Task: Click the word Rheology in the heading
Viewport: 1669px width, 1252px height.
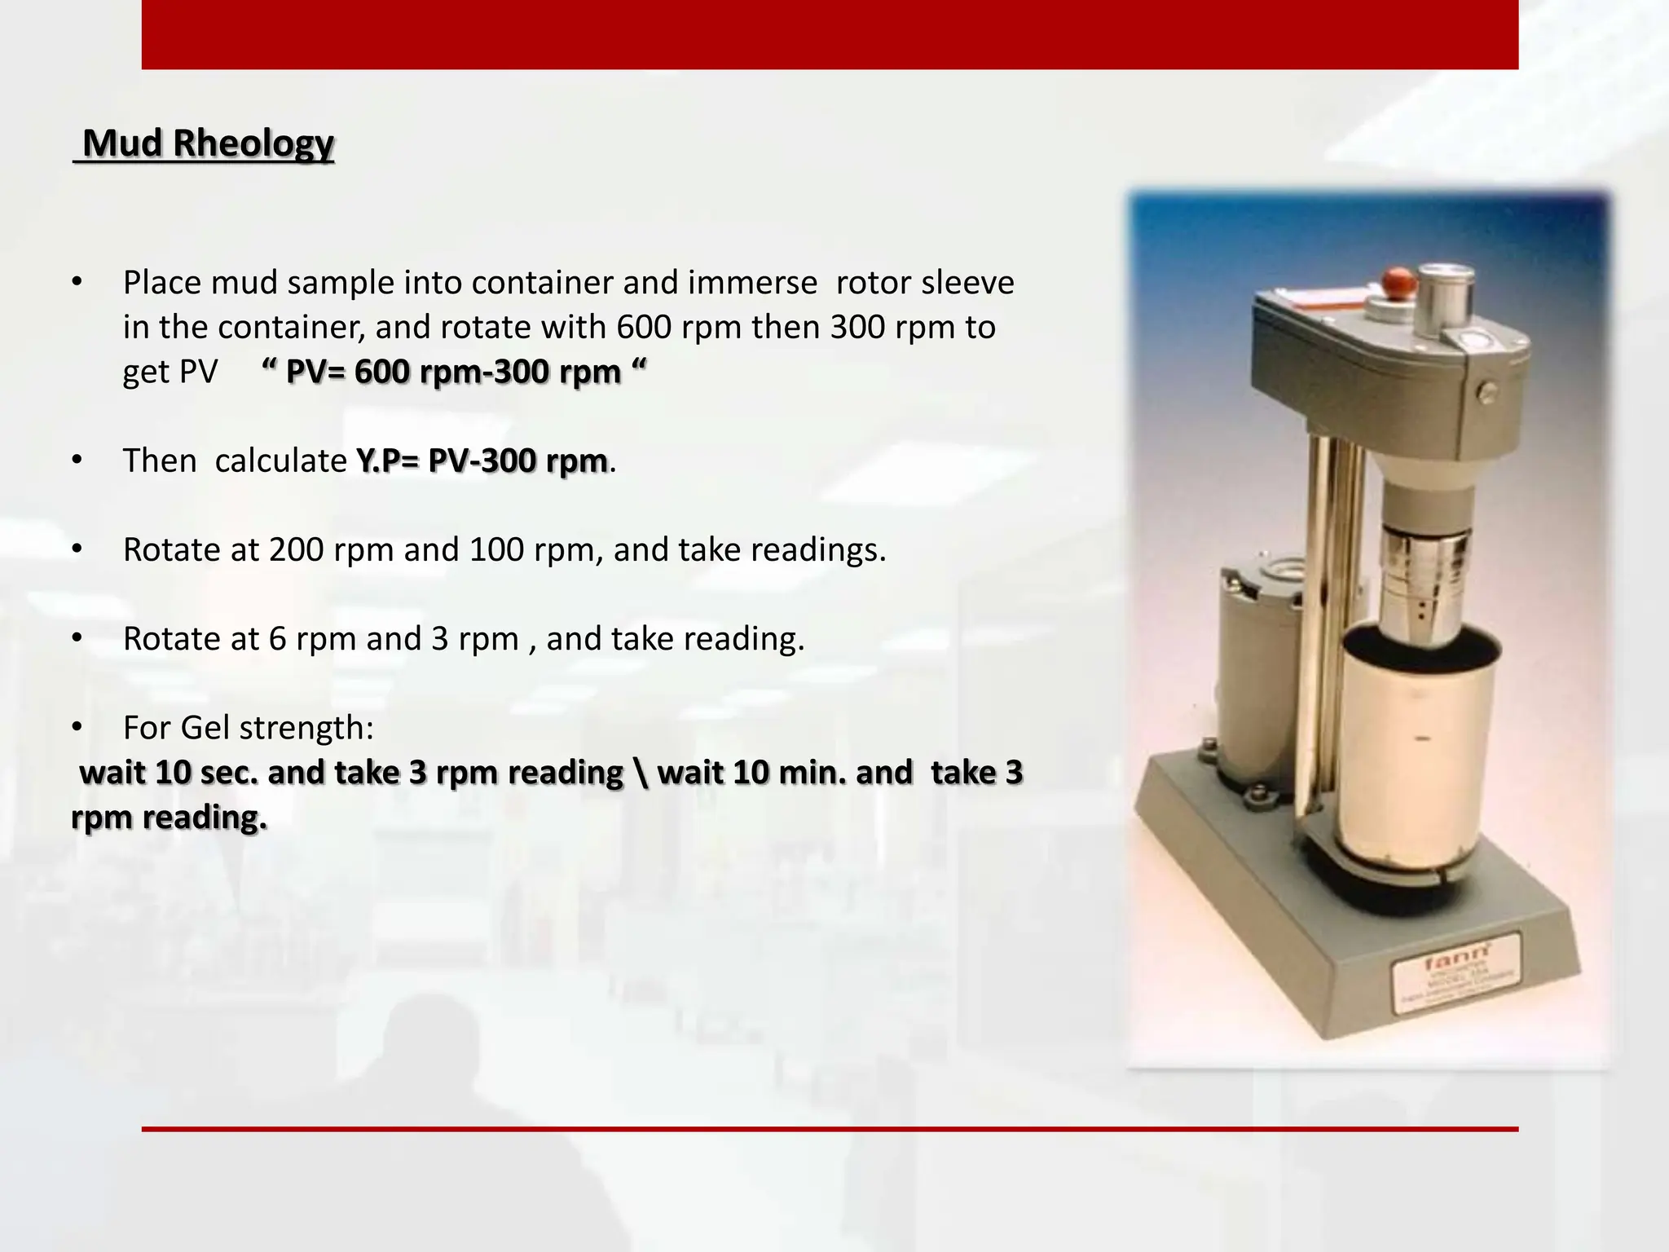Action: (253, 143)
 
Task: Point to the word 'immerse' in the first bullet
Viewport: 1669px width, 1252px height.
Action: (752, 283)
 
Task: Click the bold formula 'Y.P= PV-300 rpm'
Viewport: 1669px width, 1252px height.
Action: (481, 461)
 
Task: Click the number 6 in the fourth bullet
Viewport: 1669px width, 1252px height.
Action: (278, 639)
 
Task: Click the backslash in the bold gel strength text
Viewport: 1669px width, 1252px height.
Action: (641, 773)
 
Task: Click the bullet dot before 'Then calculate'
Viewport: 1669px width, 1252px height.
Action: (77, 461)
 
